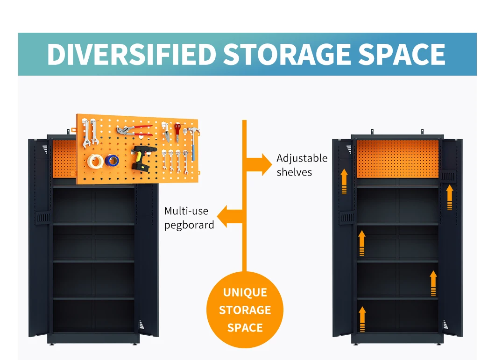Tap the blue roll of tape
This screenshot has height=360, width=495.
pyautogui.click(x=112, y=161)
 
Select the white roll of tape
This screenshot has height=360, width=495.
pyautogui.click(x=95, y=162)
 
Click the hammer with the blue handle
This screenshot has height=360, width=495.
pyautogui.click(x=191, y=135)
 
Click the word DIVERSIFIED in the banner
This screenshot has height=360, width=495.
pyautogui.click(x=131, y=55)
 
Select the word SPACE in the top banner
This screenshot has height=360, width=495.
pyautogui.click(x=402, y=55)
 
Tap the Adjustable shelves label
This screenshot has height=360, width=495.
pyautogui.click(x=302, y=165)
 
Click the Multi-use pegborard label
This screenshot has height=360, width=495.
pyautogui.click(x=189, y=218)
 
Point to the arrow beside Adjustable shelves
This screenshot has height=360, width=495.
pyautogui.click(x=259, y=164)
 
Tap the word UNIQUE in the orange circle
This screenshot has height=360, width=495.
pyautogui.click(x=245, y=293)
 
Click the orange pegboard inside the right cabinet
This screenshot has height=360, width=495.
pyautogui.click(x=397, y=159)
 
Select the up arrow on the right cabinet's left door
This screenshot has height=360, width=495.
pyautogui.click(x=344, y=182)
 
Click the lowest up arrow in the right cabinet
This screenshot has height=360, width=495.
pyautogui.click(x=362, y=319)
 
